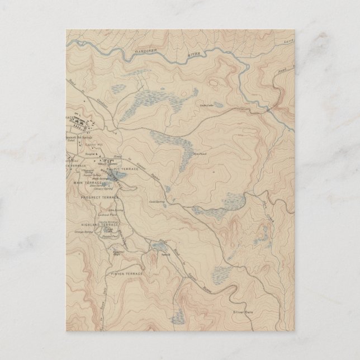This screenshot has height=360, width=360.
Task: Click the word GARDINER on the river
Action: (x=147, y=53)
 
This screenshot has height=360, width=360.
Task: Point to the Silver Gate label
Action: (x=244, y=311)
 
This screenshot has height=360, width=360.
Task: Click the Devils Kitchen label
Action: (x=108, y=222)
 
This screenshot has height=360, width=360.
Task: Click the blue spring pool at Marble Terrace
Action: (x=119, y=177)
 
